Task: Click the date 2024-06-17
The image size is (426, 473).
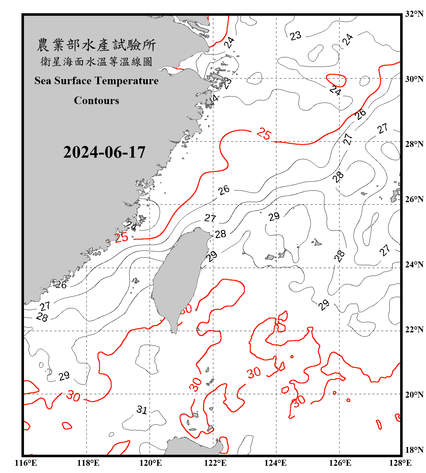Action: [104, 152]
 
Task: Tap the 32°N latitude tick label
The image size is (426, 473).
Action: [414, 14]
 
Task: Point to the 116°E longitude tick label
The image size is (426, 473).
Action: [26, 463]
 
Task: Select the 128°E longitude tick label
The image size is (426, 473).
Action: [400, 463]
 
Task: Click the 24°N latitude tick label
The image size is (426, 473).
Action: [414, 265]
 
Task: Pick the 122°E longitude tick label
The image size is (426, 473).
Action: [215, 463]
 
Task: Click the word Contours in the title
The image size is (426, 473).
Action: [97, 101]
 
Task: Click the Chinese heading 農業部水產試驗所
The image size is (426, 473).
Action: [96, 45]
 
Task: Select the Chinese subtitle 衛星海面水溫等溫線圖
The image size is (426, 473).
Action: [96, 61]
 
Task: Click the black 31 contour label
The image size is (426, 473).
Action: [142, 410]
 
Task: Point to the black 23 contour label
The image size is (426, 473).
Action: [296, 36]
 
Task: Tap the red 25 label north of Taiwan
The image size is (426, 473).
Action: [263, 134]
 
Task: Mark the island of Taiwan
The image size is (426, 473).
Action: [178, 277]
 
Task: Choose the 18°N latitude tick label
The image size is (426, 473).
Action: [414, 450]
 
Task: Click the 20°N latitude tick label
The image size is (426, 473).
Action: [414, 394]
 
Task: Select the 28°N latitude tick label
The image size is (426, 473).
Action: [414, 144]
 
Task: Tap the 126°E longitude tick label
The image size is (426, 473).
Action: [340, 463]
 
